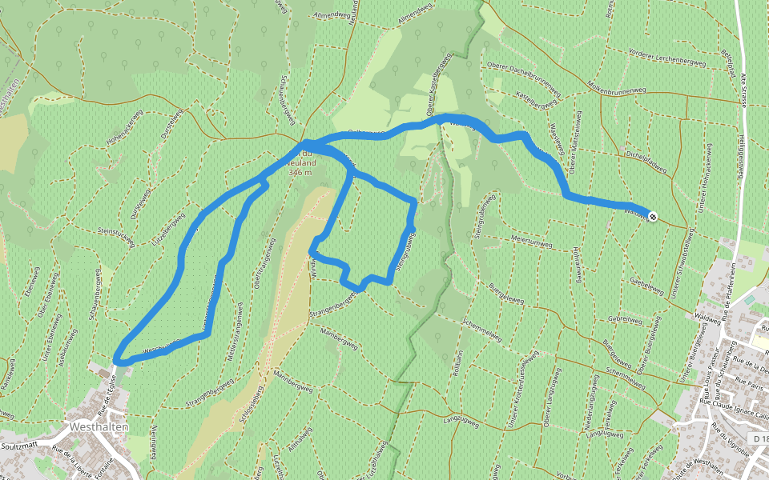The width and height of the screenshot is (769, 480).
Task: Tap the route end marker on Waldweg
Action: tap(653, 216)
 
